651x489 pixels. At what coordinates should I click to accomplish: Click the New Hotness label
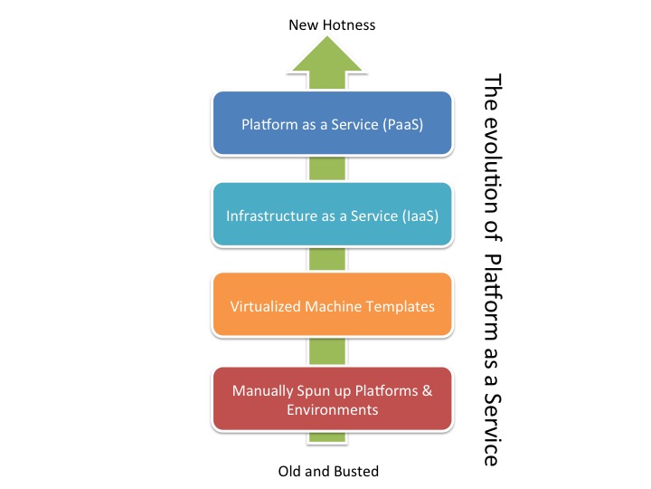[x=332, y=24]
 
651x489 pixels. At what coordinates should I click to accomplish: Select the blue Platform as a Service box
[x=332, y=122]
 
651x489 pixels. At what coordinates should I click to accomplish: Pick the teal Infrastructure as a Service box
[x=332, y=215]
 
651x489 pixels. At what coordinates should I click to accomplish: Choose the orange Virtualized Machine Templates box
[x=332, y=306]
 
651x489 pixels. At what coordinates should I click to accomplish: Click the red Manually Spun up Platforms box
[x=332, y=399]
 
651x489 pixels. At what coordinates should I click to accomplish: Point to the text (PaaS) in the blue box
[x=399, y=122]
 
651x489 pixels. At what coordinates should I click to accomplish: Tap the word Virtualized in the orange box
[x=260, y=306]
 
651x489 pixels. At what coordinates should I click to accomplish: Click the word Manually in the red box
[x=261, y=391]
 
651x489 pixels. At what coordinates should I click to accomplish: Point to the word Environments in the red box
[x=332, y=409]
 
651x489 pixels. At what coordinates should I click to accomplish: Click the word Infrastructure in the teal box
[x=269, y=216]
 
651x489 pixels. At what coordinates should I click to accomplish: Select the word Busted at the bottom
[x=354, y=471]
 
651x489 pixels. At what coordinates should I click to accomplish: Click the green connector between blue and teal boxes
[x=332, y=168]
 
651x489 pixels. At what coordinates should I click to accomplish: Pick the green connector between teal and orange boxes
[x=332, y=260]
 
